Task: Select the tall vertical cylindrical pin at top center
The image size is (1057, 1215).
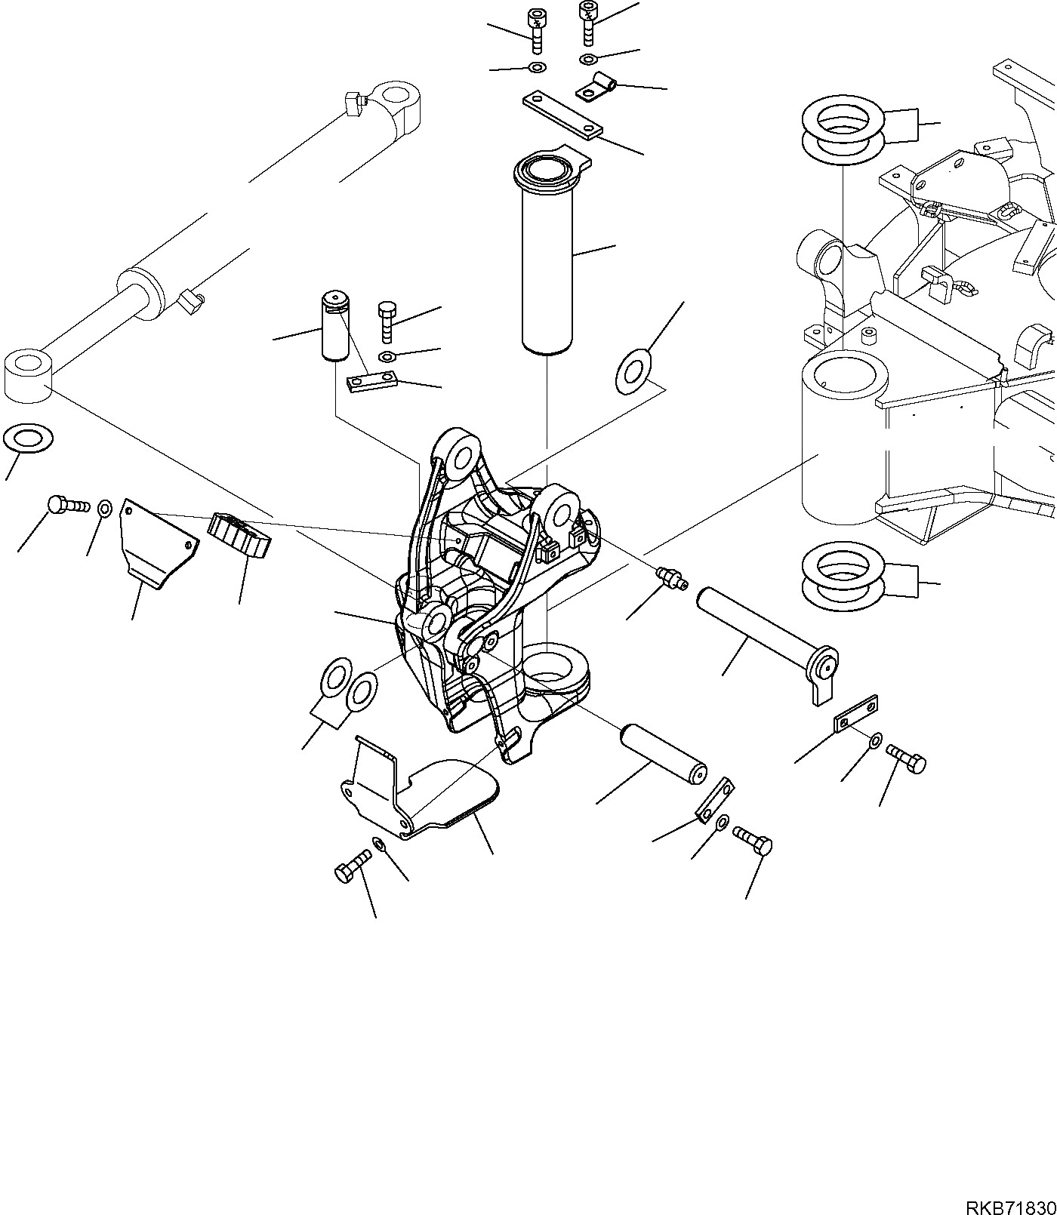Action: click(x=547, y=257)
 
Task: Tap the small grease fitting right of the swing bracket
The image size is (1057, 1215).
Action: click(x=671, y=579)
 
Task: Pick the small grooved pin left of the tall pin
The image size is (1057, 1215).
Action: click(x=333, y=327)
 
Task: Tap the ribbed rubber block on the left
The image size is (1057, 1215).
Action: click(x=240, y=534)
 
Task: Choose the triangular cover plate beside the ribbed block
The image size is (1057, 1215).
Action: click(x=155, y=541)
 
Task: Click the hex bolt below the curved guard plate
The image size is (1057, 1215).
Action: click(x=350, y=866)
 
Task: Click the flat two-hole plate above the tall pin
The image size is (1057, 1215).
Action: click(x=562, y=115)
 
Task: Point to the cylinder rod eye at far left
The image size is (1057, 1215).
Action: click(x=28, y=374)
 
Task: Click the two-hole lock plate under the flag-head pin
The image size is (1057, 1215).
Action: click(x=856, y=712)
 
